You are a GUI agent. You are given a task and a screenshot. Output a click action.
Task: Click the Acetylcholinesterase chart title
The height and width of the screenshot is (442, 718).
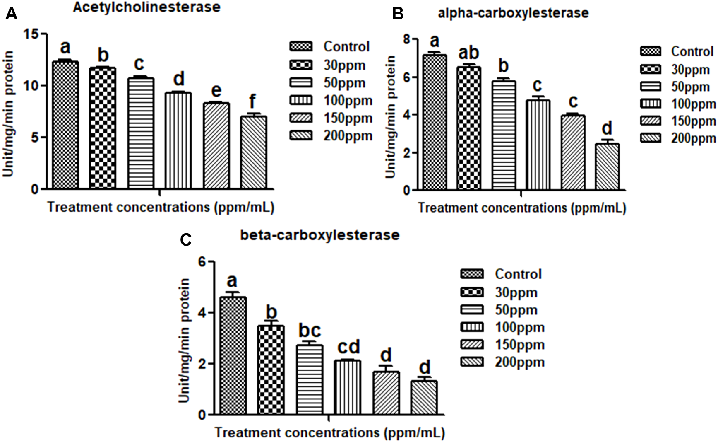tap(146, 7)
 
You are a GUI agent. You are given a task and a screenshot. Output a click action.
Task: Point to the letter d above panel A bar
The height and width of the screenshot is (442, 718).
tap(179, 79)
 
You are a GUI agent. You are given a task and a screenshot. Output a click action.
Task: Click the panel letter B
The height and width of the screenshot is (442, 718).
tap(397, 14)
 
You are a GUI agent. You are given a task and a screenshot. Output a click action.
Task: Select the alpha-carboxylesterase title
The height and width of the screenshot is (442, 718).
tap(513, 13)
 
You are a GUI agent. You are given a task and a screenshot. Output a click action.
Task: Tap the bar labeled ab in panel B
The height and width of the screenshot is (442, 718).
tap(469, 128)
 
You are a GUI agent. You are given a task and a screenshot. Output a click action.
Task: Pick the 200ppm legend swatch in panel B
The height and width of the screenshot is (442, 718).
tap(651, 138)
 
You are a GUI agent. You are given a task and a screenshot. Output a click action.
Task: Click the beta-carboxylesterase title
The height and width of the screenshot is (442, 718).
tap(320, 235)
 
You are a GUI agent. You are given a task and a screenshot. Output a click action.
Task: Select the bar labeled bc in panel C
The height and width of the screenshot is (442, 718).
tap(310, 379)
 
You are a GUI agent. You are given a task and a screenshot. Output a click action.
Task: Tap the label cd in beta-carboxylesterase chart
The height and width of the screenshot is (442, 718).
tap(348, 347)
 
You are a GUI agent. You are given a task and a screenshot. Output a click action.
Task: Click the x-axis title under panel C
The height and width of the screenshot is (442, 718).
tap(330, 433)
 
